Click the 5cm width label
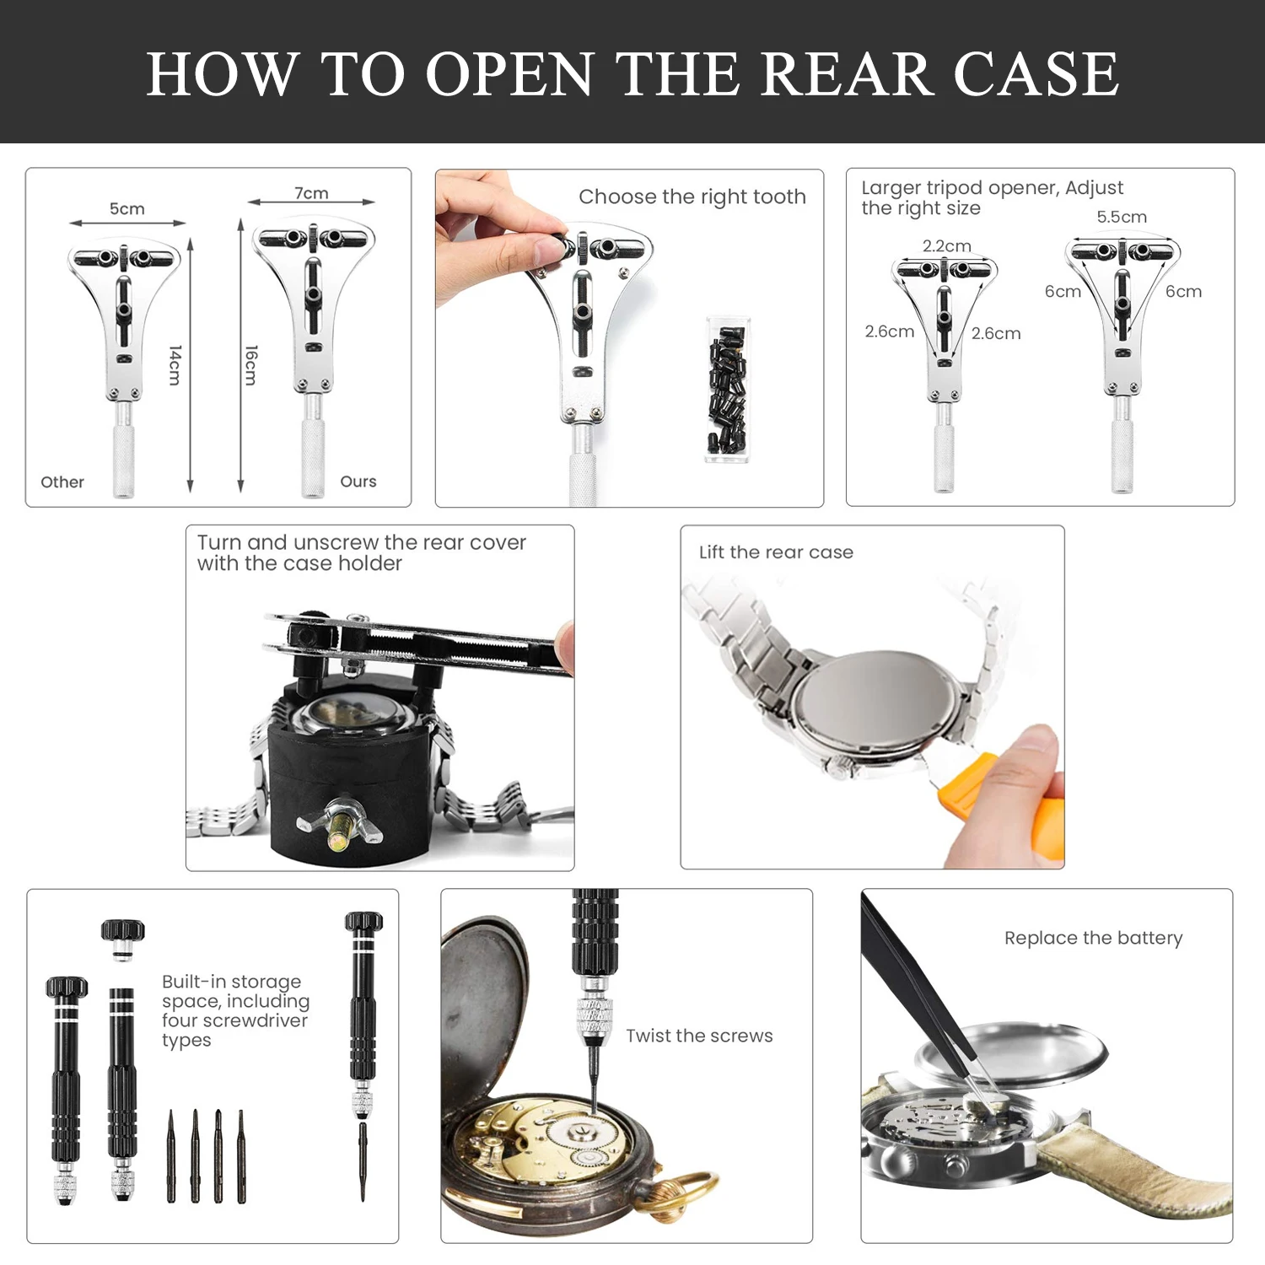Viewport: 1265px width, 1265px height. pyautogui.click(x=127, y=208)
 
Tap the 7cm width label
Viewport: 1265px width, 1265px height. pyautogui.click(x=311, y=193)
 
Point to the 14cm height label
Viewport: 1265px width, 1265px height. pyautogui.click(x=175, y=364)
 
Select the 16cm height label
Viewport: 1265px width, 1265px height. pyautogui.click(x=250, y=364)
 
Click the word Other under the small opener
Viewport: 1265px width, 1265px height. pyautogui.click(x=62, y=482)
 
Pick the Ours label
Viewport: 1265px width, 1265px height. pyautogui.click(x=358, y=482)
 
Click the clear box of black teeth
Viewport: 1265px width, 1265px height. pyautogui.click(x=727, y=389)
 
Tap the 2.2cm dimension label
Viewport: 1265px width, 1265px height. pyautogui.click(x=947, y=245)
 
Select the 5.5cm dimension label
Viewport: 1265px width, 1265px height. pyautogui.click(x=1122, y=217)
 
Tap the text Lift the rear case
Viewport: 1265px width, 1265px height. pyautogui.click(x=776, y=552)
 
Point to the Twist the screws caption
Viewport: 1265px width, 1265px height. pyautogui.click(x=699, y=1036)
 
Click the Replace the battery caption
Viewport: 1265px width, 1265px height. pyautogui.click(x=1093, y=938)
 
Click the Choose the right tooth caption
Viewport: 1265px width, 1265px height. pyautogui.click(x=692, y=197)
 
